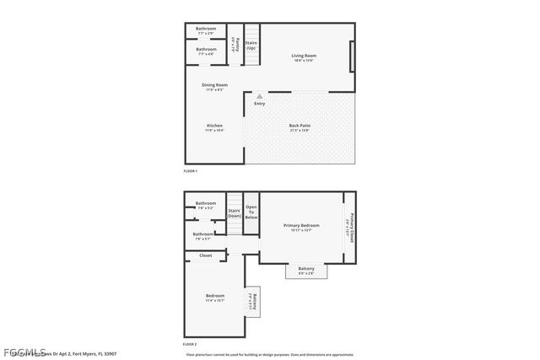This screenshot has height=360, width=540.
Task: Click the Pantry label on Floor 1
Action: point(238,45)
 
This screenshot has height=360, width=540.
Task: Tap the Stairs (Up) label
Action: point(251,45)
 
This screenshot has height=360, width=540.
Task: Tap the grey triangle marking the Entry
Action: point(259,97)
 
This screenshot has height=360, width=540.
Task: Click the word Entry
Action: point(259,104)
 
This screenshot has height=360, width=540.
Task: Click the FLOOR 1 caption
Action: point(190,171)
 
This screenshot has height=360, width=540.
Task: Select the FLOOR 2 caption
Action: point(190,344)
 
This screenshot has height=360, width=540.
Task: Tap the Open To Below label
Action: point(251,211)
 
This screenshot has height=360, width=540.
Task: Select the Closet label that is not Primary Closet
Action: point(205,255)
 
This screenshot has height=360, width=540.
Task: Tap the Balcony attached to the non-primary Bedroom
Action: point(251,301)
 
